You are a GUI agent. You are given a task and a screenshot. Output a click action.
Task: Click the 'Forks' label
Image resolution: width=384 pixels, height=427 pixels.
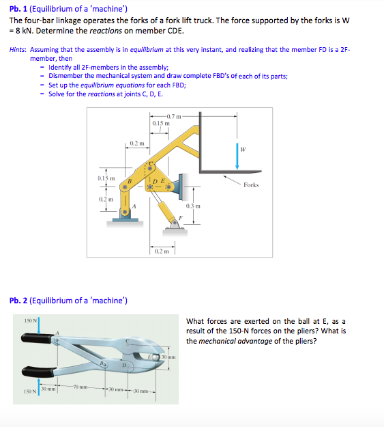click(x=250, y=185)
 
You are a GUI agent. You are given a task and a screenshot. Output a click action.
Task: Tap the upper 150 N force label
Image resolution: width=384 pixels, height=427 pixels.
click(x=30, y=320)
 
